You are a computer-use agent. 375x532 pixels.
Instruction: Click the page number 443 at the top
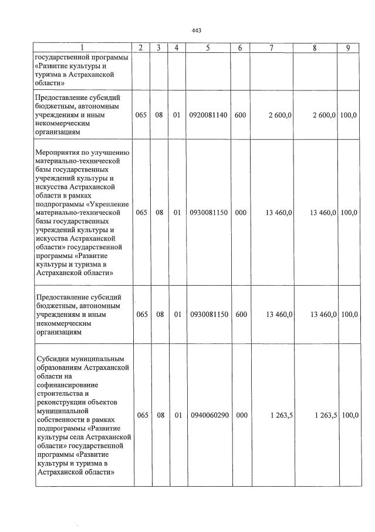click(x=197, y=31)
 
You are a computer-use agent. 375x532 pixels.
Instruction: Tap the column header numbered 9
click(x=348, y=48)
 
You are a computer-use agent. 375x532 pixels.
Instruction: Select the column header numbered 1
click(x=83, y=48)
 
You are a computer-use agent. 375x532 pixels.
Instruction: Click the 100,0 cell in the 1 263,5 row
click(x=349, y=416)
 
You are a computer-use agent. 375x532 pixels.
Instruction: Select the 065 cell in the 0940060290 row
click(x=141, y=416)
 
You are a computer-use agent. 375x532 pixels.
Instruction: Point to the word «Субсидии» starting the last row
click(x=51, y=359)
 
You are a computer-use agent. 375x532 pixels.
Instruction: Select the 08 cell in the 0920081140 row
click(x=159, y=115)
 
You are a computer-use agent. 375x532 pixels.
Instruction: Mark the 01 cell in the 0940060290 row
click(x=177, y=416)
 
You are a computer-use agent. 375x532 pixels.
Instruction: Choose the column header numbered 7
click(x=271, y=48)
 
